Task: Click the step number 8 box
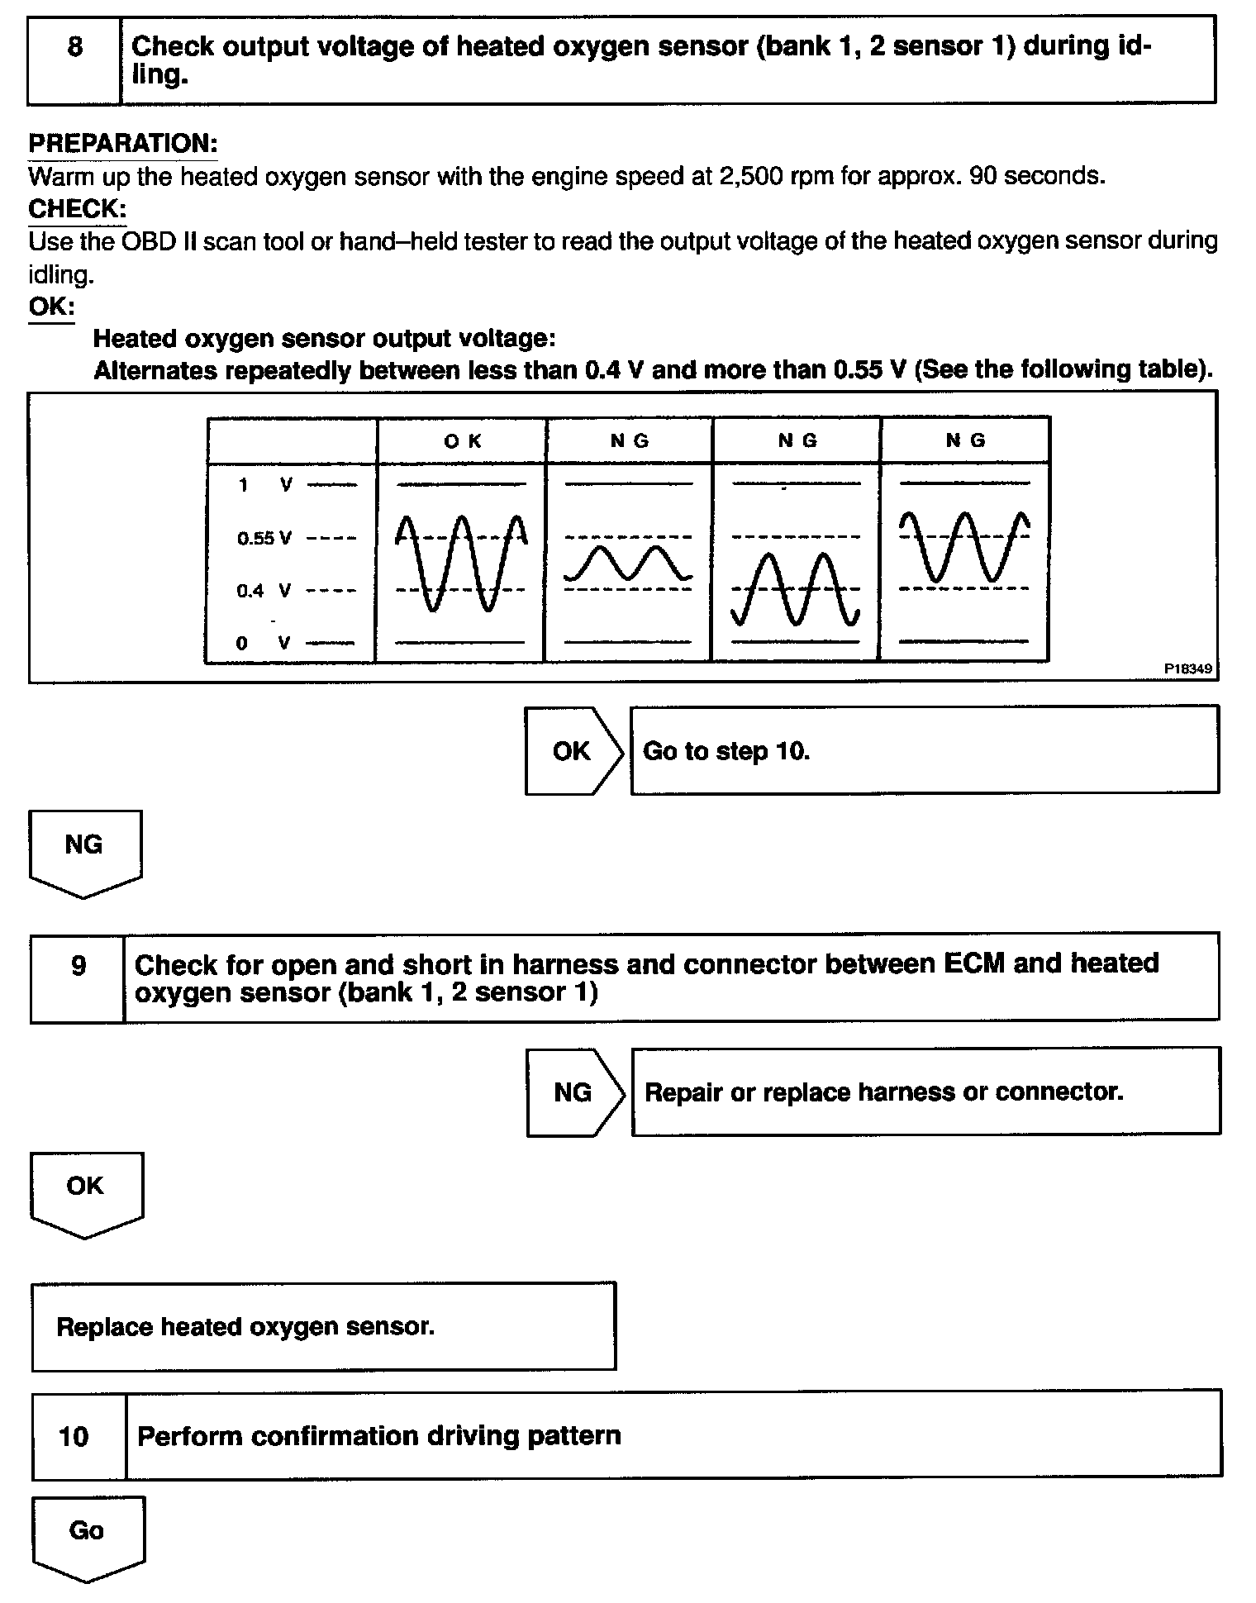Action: click(74, 59)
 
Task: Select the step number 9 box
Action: click(78, 977)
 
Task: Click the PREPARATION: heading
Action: click(123, 144)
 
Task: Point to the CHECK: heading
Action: click(77, 209)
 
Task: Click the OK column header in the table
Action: click(462, 440)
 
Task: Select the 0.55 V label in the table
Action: click(264, 539)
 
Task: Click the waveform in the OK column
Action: click(461, 562)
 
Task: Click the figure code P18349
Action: click(1188, 668)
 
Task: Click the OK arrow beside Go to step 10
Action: click(573, 750)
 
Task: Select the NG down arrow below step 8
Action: click(84, 851)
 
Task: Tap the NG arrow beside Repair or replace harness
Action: click(574, 1092)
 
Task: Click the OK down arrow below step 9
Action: click(86, 1192)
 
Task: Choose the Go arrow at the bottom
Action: click(88, 1536)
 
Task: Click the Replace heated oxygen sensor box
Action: click(323, 1327)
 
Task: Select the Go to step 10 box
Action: click(924, 750)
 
